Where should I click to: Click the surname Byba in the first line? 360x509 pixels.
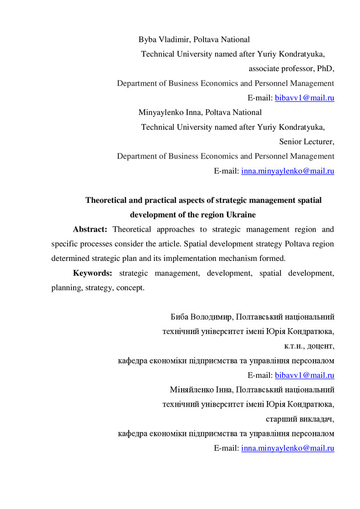click(x=148, y=40)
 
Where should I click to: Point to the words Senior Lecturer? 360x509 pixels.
click(x=306, y=142)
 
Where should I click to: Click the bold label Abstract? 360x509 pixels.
click(x=90, y=230)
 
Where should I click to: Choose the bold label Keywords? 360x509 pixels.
click(x=92, y=273)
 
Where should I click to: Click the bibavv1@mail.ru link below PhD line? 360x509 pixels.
click(x=304, y=98)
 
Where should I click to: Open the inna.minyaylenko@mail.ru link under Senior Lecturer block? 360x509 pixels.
click(x=287, y=171)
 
